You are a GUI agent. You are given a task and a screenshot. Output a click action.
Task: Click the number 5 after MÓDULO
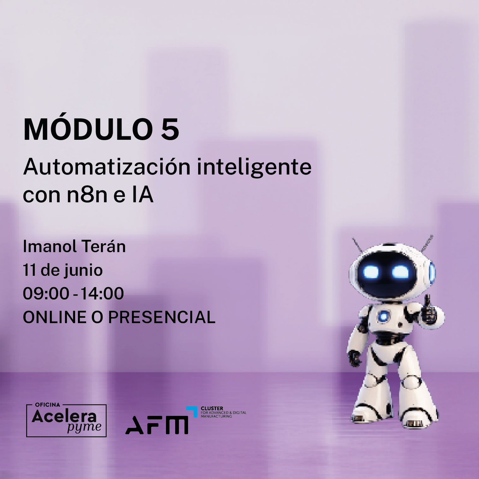point(170,129)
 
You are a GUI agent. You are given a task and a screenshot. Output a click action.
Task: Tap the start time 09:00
point(46,293)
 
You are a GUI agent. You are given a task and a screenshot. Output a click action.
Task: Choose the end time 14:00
point(102,293)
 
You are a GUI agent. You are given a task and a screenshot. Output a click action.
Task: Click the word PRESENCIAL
point(162,317)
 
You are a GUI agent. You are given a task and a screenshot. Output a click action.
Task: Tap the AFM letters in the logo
point(157,425)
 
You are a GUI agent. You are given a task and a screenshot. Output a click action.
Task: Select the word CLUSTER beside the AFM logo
point(212,408)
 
